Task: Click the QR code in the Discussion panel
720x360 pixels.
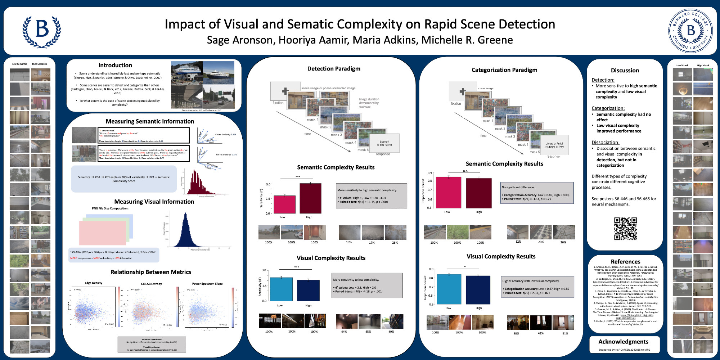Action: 625,229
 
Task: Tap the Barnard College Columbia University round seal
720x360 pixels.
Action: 690,31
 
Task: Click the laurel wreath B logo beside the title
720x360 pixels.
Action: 42,31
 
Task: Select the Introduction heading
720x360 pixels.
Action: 115,65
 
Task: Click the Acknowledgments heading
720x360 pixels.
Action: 623,342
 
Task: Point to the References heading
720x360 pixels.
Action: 625,262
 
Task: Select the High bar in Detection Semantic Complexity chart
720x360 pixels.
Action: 310,198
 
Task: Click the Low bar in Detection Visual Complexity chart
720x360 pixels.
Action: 281,289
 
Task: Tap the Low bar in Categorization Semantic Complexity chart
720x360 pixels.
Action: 448,192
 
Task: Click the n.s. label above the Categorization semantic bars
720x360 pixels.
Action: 465,171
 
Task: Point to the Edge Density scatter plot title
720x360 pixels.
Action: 94,283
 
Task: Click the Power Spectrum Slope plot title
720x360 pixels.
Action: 207,284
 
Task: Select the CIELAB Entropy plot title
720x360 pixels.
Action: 151,284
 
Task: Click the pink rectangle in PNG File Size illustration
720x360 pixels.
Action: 102,233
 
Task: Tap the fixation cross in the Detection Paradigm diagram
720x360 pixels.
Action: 285,91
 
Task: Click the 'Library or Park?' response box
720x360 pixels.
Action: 554,145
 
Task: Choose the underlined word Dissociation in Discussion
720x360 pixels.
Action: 605,143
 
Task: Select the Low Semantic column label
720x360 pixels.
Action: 19,64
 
